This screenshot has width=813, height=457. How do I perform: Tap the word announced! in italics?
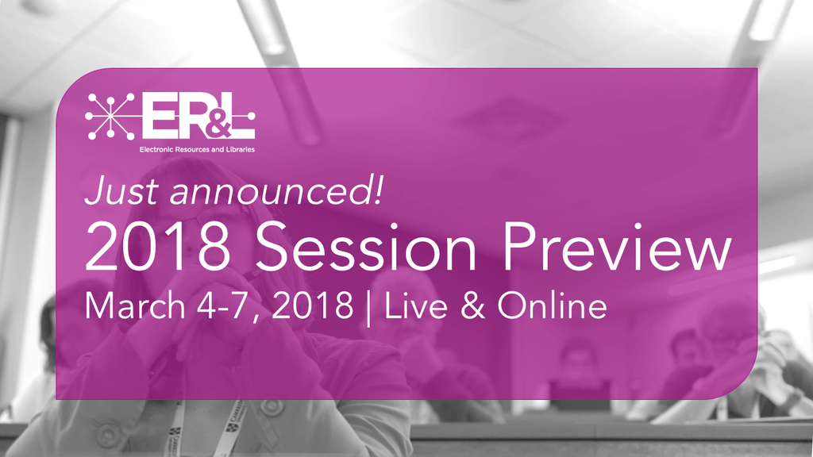pos(275,190)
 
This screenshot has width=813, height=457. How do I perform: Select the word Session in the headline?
pos(365,246)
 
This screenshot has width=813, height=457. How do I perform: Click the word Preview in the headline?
pos(616,246)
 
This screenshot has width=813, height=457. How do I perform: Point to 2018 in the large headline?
pos(158,246)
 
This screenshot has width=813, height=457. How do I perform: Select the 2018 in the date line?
pos(313,305)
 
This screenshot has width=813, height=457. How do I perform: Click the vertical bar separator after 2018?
pos(368,309)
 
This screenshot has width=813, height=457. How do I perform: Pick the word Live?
pos(415,305)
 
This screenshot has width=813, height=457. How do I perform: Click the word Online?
pos(552,305)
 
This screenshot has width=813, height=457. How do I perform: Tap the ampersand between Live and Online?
pos(472,305)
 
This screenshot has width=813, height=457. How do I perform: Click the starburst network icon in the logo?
pos(110,116)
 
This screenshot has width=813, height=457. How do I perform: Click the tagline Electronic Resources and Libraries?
pos(197,149)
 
